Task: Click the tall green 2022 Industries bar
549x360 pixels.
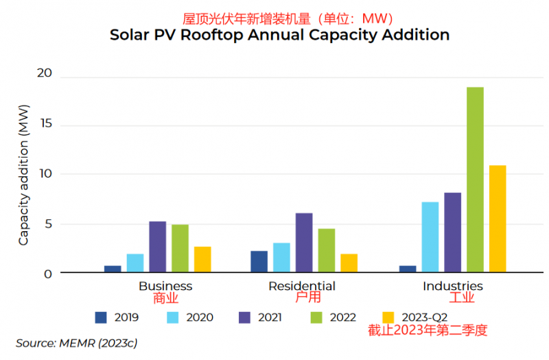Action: tap(475, 180)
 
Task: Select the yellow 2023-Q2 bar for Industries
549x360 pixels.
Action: tap(497, 219)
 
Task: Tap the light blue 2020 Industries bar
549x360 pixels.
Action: tap(430, 237)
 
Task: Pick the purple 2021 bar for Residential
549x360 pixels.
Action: tap(304, 243)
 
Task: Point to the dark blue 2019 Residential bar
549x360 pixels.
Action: tap(259, 261)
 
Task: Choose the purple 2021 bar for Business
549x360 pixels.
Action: tap(158, 247)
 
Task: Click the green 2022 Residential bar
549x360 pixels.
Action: tap(327, 250)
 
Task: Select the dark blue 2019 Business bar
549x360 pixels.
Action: tap(113, 269)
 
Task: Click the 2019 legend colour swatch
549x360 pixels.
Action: tap(102, 317)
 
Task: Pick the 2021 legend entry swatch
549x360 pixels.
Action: tap(245, 317)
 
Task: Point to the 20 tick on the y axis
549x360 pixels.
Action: tap(44, 74)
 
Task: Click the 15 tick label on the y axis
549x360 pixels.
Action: tap(44, 124)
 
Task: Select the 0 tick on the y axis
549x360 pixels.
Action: tap(48, 274)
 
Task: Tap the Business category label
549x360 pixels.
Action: tap(165, 286)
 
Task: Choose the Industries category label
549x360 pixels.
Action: tap(452, 286)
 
